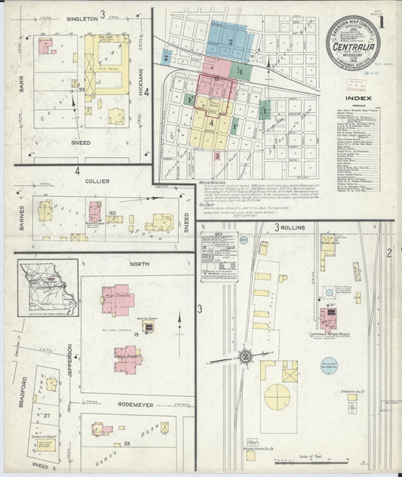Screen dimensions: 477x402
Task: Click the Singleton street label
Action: [82, 18]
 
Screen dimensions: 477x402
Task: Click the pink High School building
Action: [118, 300]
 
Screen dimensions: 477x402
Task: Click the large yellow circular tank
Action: [278, 396]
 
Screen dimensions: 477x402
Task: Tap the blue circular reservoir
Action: [329, 365]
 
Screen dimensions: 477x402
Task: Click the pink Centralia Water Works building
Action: [328, 317]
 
